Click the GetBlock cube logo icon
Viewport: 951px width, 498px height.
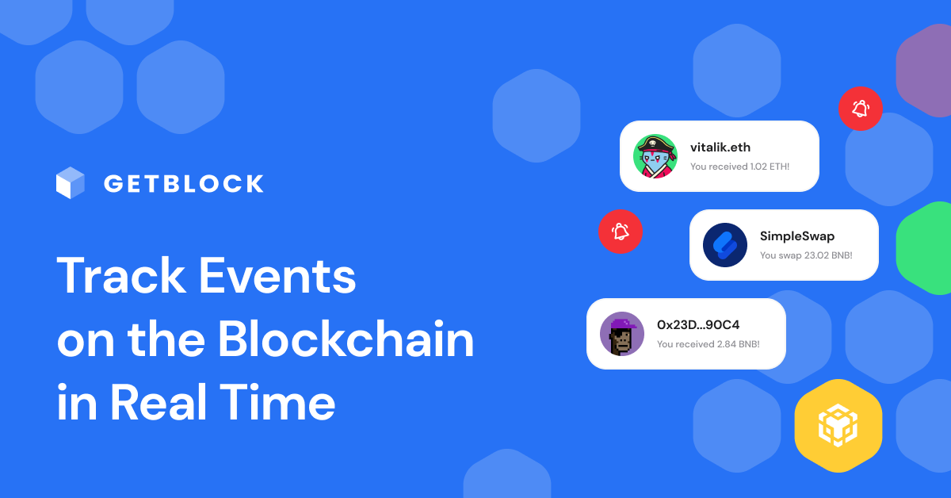[x=70, y=182]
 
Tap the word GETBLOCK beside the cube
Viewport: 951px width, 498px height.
[x=184, y=183]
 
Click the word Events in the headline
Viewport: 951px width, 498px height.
[x=277, y=275]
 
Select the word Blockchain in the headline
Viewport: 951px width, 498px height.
[x=346, y=339]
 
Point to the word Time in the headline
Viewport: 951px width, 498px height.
[x=277, y=402]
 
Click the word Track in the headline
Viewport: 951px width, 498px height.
[x=121, y=275]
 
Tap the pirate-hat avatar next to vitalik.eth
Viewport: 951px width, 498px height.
[x=655, y=156]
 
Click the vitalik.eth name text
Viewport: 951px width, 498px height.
[x=720, y=147]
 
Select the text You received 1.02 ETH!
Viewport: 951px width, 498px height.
[x=739, y=167]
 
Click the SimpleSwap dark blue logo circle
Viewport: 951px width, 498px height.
[x=724, y=245]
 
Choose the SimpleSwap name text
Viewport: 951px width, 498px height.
[x=797, y=236]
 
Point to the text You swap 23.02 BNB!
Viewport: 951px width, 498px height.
[x=806, y=255]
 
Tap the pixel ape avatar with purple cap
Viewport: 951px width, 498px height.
[x=622, y=334]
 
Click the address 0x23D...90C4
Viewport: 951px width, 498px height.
[x=698, y=324]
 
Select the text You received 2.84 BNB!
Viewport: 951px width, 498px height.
[x=708, y=344]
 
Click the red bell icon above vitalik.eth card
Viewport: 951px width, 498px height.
[x=861, y=109]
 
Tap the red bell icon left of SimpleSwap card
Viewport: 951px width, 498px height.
[x=621, y=232]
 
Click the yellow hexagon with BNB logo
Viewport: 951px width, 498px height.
[x=838, y=426]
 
